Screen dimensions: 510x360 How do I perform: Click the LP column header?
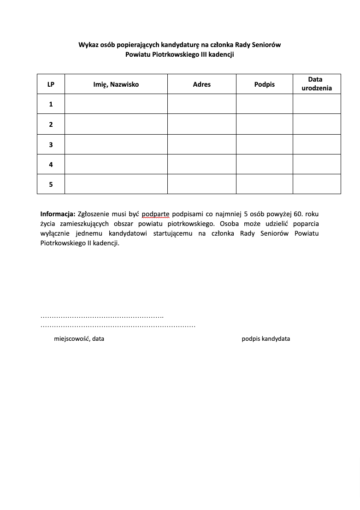51,84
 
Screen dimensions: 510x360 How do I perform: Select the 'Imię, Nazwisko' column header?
116,84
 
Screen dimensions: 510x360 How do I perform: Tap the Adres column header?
201,84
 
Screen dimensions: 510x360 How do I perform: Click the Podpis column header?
264,84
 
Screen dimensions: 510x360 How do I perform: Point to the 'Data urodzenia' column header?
317,83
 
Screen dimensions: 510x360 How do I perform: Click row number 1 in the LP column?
51,104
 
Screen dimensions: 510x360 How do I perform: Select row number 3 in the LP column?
51,145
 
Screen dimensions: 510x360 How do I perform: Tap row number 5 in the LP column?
51,184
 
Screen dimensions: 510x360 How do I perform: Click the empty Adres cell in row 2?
201,124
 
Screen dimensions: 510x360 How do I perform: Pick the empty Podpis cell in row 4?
264,164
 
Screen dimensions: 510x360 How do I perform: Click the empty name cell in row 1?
116,104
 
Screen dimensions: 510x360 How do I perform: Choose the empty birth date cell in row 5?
317,184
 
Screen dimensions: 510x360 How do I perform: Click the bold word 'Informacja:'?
58,214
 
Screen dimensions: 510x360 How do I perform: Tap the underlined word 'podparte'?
156,214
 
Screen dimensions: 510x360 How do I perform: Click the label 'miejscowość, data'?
79,339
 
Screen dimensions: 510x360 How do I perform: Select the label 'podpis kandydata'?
266,339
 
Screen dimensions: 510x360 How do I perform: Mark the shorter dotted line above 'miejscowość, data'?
102,317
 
